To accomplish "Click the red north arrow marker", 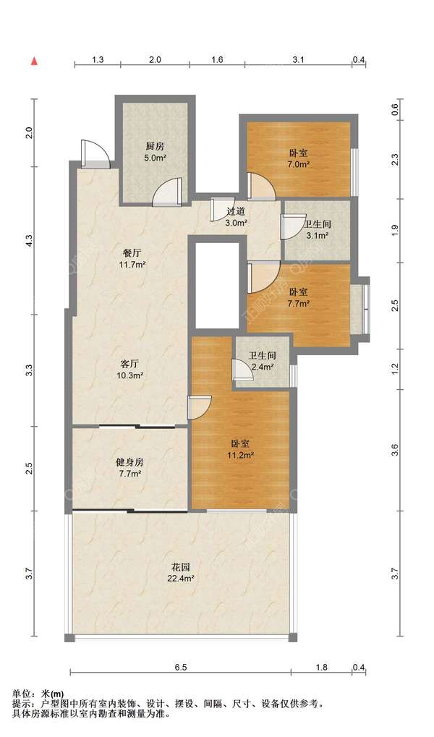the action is [34, 61].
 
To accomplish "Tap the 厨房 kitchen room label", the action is [156, 146].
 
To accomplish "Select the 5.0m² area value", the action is [156, 158].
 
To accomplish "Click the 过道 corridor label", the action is [236, 211].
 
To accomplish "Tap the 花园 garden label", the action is [180, 567].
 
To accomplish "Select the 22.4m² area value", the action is [180, 579].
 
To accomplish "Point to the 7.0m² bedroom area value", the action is [299, 164].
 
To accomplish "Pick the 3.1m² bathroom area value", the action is [318, 236].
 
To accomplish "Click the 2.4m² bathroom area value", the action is [263, 367].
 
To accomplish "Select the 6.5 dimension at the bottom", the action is [181, 667].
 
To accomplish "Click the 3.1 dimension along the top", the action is [299, 60].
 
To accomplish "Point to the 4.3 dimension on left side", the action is [29, 241].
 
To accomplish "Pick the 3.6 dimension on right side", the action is [395, 450].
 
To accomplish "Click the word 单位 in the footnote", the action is [21, 694].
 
